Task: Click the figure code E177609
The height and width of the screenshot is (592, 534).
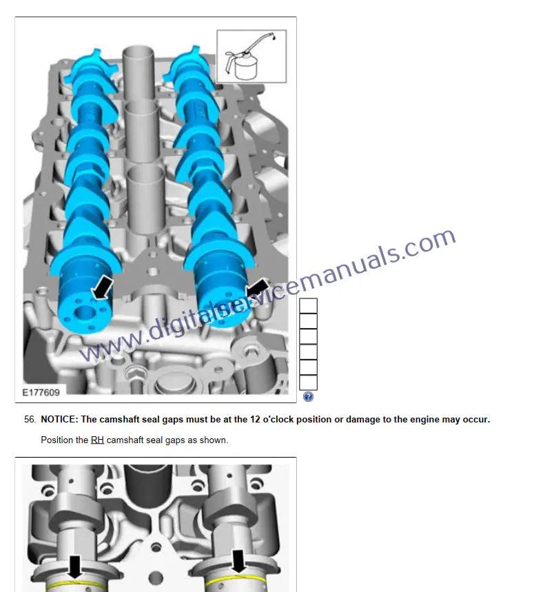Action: coord(41,393)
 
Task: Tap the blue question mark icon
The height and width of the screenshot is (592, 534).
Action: coord(308,396)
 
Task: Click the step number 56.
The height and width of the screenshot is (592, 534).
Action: coord(30,420)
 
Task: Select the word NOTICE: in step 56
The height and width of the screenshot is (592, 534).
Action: coord(59,420)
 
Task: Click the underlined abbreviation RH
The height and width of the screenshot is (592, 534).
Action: coord(97,440)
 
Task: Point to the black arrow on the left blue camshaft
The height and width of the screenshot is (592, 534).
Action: coord(102,287)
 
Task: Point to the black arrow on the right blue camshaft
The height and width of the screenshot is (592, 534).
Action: coord(257,289)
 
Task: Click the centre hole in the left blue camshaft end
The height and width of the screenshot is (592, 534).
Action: coord(85,313)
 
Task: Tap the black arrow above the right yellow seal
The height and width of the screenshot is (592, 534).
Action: coord(238,561)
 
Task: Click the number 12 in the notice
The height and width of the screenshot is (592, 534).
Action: coord(255,420)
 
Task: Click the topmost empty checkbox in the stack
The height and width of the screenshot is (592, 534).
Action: coord(308,305)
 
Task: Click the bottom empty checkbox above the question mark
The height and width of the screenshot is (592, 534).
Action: coord(308,382)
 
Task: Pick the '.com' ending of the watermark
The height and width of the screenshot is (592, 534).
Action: coord(429,245)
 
